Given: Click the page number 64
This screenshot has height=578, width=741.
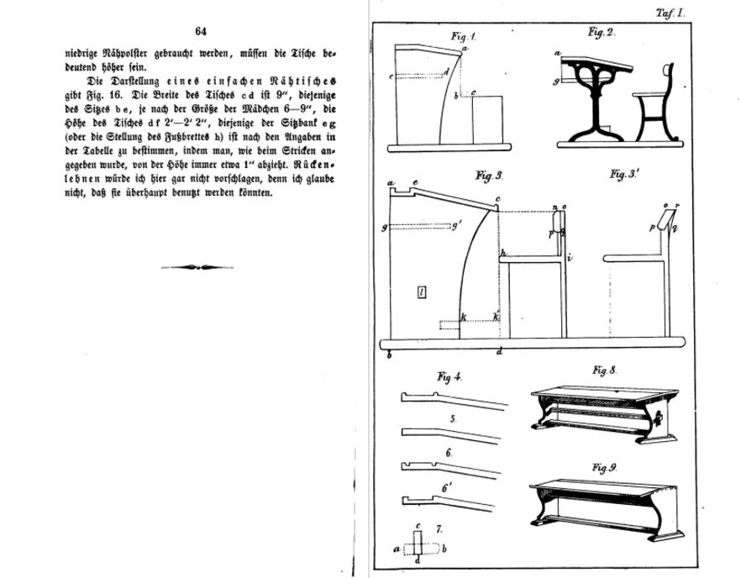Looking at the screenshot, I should [201, 31].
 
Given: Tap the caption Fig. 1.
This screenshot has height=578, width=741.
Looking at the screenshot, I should [463, 36].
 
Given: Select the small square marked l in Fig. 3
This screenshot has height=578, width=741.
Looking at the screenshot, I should [423, 292].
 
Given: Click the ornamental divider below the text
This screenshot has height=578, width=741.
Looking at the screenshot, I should [197, 267].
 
